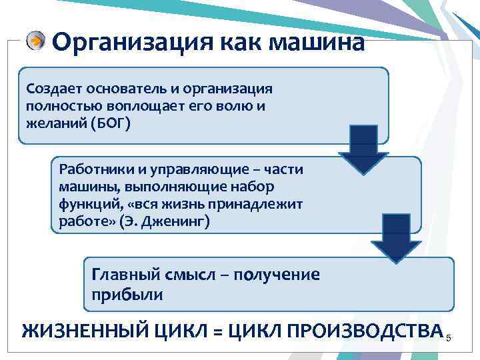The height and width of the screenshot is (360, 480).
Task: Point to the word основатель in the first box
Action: point(120,89)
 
